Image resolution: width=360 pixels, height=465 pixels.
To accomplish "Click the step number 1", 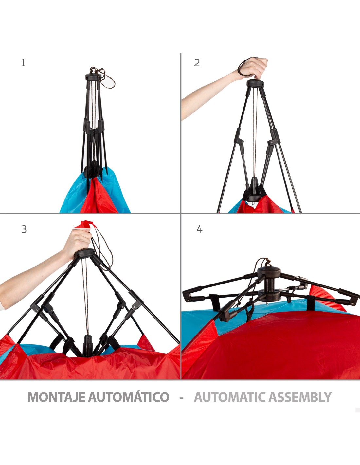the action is [x=23, y=63].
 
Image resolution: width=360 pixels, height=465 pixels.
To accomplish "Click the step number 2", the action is [x=197, y=63].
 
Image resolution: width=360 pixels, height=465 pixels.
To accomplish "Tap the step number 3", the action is [x=24, y=229].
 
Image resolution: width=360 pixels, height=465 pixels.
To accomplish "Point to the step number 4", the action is [x=199, y=229].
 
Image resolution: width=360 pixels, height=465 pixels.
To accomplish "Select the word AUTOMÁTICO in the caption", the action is [x=129, y=396].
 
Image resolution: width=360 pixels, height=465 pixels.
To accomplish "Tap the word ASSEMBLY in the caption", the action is [x=300, y=397].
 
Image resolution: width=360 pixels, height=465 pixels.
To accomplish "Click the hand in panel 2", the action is [x=254, y=68].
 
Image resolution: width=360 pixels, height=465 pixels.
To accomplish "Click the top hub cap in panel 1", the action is [x=93, y=77].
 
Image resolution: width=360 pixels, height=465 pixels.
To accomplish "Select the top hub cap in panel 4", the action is [x=269, y=270].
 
